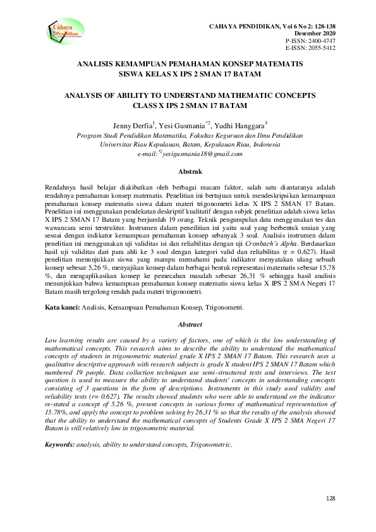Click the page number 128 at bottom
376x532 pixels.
click(330, 499)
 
